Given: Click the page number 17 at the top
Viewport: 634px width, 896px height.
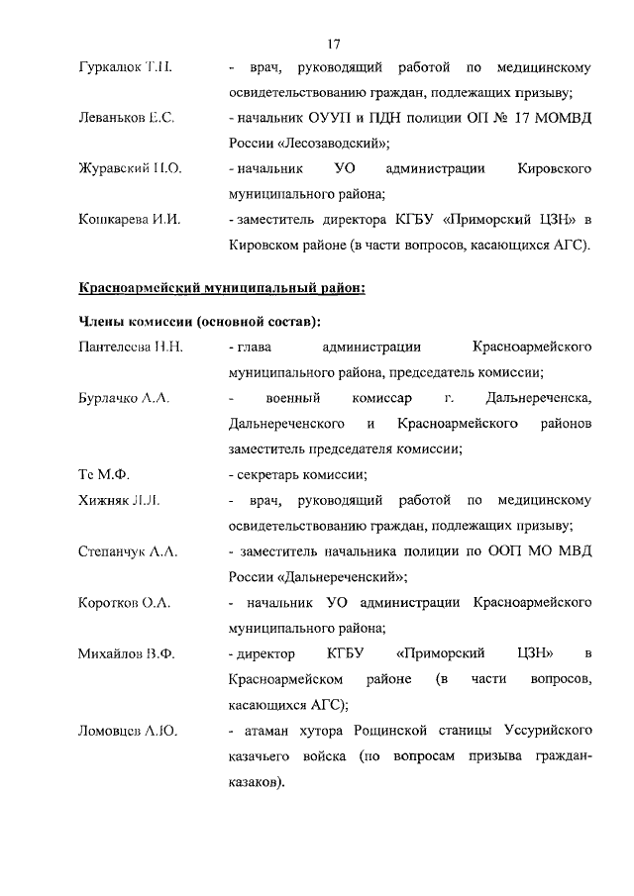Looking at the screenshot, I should [x=333, y=43].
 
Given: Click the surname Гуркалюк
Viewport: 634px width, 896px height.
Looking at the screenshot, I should [x=106, y=68].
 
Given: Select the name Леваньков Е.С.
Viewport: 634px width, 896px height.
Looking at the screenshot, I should [x=126, y=118].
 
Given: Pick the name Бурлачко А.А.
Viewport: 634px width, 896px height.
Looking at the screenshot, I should [x=125, y=398].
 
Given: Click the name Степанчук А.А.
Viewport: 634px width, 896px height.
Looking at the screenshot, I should [x=128, y=549].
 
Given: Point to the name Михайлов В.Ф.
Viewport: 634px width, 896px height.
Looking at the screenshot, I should [x=127, y=652].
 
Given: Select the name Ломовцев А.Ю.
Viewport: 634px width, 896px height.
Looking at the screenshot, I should [x=127, y=731].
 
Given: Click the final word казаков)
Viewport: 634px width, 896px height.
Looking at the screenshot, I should [x=256, y=782].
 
